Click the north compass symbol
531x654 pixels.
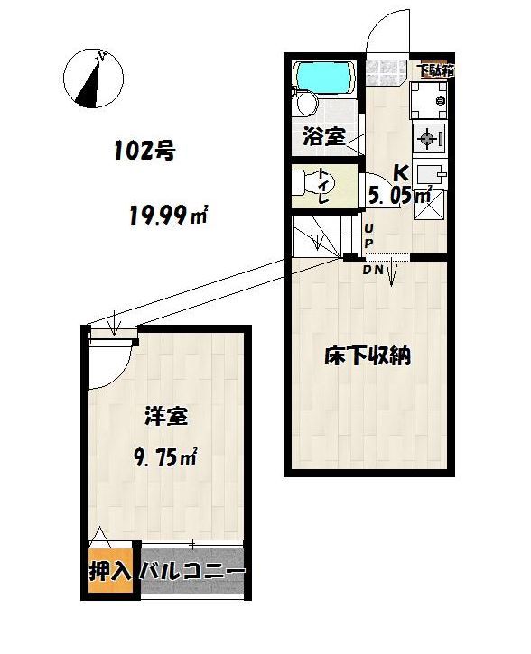93,78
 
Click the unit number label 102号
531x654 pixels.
144,151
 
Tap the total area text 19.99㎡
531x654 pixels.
168,215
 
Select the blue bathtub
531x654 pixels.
322,78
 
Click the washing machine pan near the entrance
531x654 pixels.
429,100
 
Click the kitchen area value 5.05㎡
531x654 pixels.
400,195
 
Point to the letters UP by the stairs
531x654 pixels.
370,235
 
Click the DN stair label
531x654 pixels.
373,270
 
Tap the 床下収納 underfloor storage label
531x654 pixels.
368,355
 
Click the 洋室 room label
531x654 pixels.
166,416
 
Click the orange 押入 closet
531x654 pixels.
110,570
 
